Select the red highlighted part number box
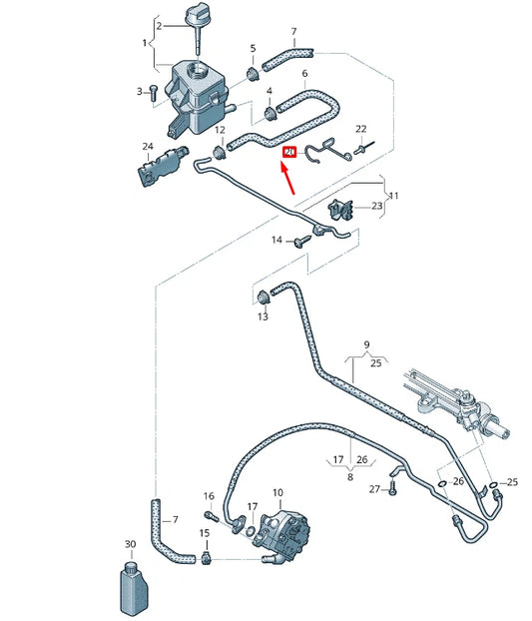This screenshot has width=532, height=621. [x=289, y=152]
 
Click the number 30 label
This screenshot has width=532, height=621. [x=130, y=544]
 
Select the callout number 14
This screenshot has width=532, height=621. [x=278, y=241]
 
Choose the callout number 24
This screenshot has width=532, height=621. [x=147, y=147]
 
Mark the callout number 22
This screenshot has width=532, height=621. [x=361, y=129]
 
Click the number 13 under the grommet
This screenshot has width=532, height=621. [x=263, y=316]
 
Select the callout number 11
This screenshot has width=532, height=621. [x=393, y=197]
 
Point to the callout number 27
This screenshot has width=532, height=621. [x=375, y=489]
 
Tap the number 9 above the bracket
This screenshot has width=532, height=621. [x=366, y=345]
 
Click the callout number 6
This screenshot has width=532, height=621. [x=304, y=74]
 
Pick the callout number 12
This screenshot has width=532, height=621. [x=220, y=131]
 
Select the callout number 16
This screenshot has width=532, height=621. [x=209, y=496]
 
